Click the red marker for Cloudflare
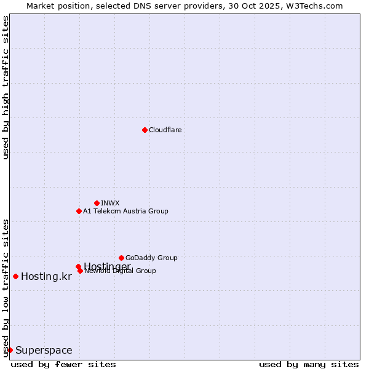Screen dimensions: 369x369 pos(145,130)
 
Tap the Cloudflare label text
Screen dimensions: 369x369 pos(165,130)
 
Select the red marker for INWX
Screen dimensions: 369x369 pos(97,203)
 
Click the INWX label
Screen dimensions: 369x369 pos(110,203)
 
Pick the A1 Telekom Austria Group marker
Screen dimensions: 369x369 pos(79,211)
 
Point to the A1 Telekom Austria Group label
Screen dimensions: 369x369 pos(125,211)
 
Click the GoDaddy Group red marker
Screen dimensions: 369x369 pos(121,258)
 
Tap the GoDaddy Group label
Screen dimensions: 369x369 pos(151,258)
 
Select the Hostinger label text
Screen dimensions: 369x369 pos(107,266)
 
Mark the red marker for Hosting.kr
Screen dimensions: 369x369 pos(15,276)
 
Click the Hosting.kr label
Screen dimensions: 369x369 pos(46,277)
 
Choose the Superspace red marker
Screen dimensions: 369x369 pos(10,350)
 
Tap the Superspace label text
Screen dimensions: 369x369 pos(44,351)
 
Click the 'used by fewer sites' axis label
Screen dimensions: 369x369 pos(63,364)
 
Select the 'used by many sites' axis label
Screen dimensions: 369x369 pos(309,364)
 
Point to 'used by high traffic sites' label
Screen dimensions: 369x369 pos(6,88)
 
